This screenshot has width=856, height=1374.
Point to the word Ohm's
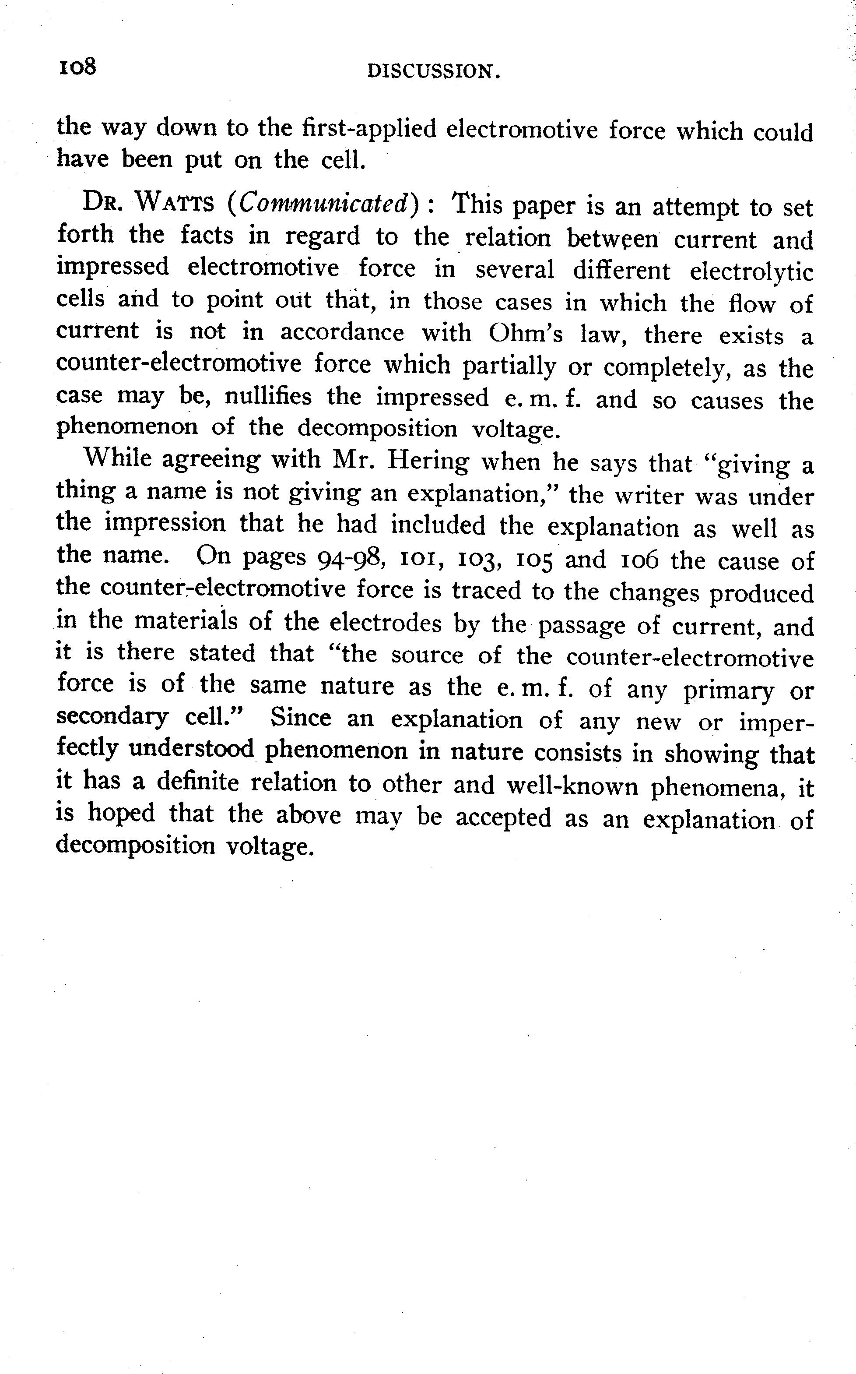point(526,334)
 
